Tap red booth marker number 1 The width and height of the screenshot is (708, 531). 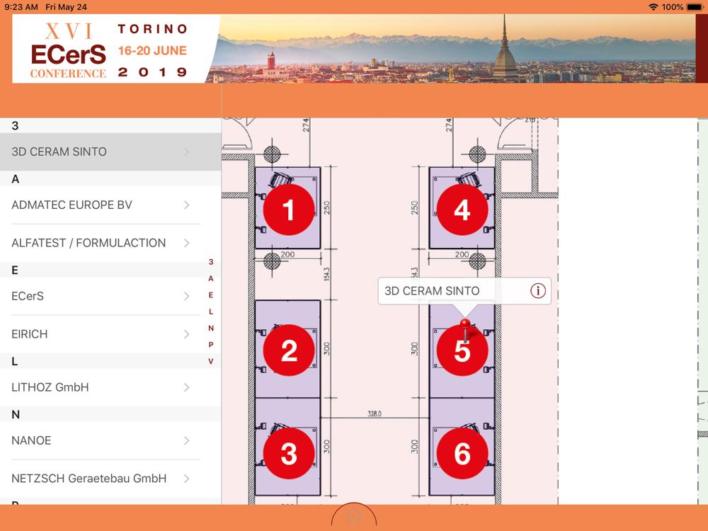(289, 210)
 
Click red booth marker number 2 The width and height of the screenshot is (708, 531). (289, 350)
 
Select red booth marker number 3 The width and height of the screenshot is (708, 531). (289, 453)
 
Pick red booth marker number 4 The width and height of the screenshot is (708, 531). (462, 210)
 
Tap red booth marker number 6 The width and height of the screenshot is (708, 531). (462, 453)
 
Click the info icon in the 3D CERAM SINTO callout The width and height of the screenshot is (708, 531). (538, 291)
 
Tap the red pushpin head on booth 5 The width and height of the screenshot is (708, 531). (465, 324)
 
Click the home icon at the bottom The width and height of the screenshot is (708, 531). (354, 515)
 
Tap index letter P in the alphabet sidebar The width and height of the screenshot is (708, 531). (211, 345)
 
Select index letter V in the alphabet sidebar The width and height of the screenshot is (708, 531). (211, 361)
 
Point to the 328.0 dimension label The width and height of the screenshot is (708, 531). (375, 413)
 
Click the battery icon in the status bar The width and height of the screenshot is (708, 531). (695, 7)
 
